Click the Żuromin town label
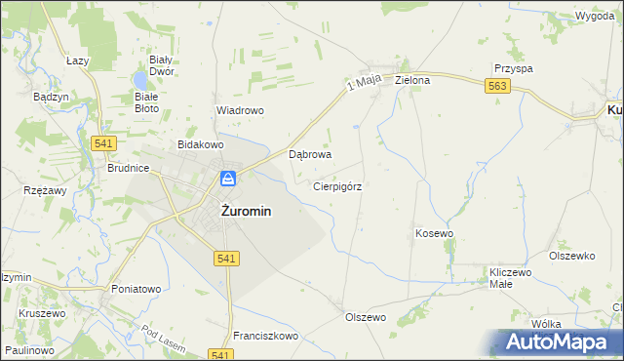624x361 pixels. tap(233, 210)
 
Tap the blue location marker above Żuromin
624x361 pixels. tap(227, 179)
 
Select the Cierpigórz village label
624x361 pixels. tap(337, 185)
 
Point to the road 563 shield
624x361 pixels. tap(497, 87)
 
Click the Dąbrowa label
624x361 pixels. tap(311, 154)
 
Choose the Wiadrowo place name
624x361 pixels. tap(240, 110)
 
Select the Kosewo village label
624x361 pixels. tap(435, 234)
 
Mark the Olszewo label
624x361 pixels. tap(366, 317)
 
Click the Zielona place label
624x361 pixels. tap(412, 80)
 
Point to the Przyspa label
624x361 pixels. tap(513, 69)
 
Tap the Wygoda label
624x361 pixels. tap(594, 17)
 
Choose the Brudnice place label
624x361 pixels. tap(128, 168)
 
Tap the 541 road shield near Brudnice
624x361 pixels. tap(106, 143)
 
